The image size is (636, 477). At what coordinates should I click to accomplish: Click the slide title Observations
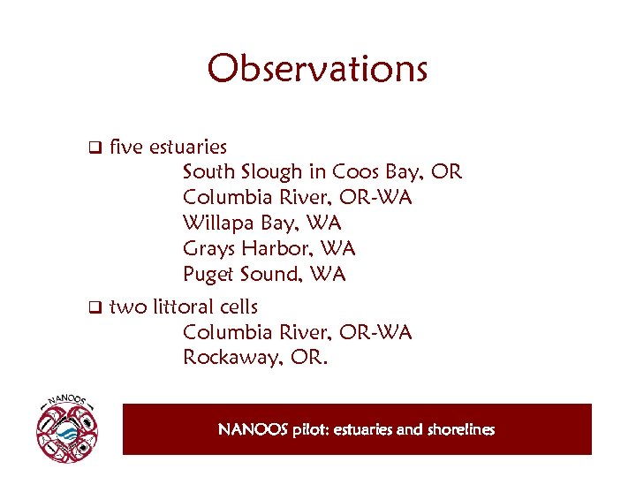(x=317, y=69)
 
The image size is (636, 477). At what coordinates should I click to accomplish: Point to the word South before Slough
(x=208, y=171)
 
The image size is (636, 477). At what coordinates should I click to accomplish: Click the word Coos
(x=350, y=171)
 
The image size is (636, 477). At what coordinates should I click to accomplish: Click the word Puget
(x=208, y=274)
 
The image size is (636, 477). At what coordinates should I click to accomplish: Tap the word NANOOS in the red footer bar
(x=253, y=430)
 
